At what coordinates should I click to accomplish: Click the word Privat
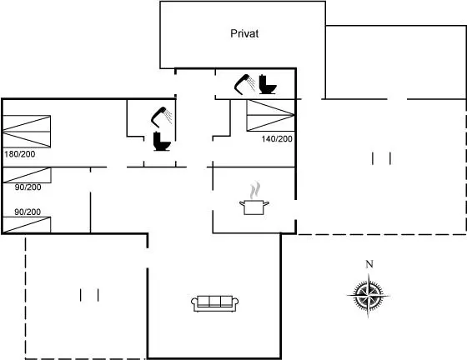244,33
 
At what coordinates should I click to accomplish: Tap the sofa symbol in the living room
214,303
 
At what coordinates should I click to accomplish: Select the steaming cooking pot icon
254,198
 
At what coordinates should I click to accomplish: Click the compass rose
369,296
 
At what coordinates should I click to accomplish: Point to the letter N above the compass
369,264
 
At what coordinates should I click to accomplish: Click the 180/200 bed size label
20,154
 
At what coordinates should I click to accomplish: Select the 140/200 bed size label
277,138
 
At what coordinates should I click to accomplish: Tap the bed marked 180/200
27,131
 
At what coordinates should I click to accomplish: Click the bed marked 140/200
270,116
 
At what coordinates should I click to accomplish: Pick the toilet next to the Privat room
267,84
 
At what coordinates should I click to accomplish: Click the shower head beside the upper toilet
244,84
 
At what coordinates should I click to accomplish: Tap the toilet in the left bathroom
162,142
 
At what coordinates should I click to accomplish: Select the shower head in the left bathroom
162,117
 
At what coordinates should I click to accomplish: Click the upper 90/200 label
28,187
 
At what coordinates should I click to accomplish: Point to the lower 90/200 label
28,212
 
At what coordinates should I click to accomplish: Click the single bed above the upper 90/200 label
27,175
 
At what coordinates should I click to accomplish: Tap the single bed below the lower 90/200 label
27,225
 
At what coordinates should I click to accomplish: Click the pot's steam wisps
255,190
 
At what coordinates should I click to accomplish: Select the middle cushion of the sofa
214,301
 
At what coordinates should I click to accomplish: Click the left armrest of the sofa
194,302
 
